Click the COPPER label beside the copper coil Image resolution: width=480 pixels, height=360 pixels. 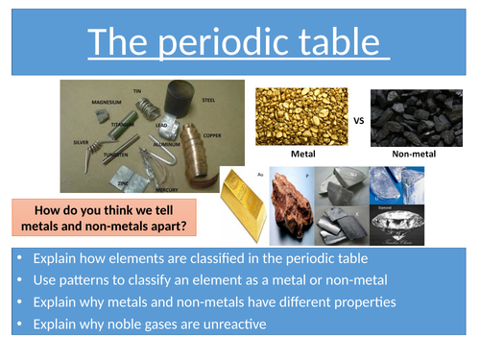click(x=211, y=135)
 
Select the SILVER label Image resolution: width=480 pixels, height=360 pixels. click(x=81, y=141)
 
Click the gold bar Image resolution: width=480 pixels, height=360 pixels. click(x=244, y=205)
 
